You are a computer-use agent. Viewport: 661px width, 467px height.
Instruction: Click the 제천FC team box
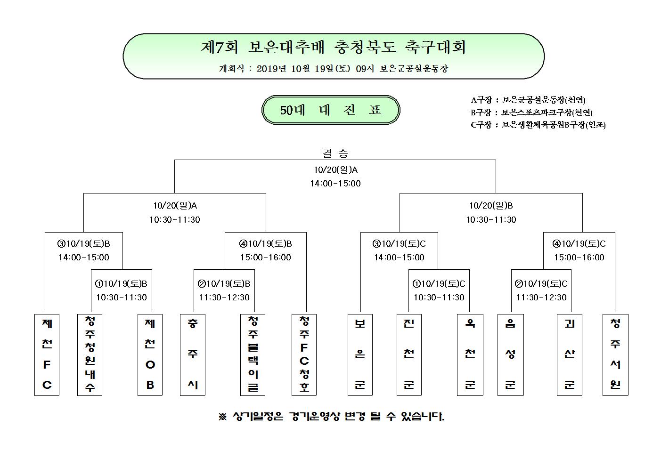coord(47,354)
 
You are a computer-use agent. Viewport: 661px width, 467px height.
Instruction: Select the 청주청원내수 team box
coord(90,354)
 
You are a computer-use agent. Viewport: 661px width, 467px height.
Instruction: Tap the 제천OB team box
coord(150,354)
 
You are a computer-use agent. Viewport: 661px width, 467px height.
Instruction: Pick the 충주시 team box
coord(193,354)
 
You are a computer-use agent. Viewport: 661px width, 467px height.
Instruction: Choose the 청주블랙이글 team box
coord(253,354)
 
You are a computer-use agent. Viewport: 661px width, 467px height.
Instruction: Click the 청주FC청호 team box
coord(304,354)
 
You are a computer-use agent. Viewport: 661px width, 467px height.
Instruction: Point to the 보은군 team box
coord(360,354)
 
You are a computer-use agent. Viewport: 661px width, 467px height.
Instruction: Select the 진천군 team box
coord(409,354)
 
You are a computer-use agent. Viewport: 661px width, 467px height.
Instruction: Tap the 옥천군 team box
coord(470,354)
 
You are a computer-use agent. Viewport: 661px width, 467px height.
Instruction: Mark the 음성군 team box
coord(511,354)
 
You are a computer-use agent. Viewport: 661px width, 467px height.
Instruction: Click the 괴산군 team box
coord(570,354)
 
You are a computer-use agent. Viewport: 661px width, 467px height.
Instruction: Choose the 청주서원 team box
coord(615,354)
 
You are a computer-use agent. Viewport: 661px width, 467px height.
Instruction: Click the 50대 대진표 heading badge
coord(331,110)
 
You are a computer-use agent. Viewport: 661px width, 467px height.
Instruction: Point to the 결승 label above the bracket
coord(335,153)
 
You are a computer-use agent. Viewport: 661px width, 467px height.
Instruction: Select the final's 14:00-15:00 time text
coord(335,184)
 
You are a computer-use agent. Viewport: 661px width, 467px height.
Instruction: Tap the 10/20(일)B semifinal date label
coord(491,206)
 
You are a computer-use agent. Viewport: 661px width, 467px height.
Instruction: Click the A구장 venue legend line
coord(528,100)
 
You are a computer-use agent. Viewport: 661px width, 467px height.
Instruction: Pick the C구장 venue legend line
coord(538,125)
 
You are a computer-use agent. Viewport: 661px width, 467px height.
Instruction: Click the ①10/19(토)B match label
coord(121,283)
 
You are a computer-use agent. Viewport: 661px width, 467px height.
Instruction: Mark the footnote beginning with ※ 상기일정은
coord(331,416)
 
